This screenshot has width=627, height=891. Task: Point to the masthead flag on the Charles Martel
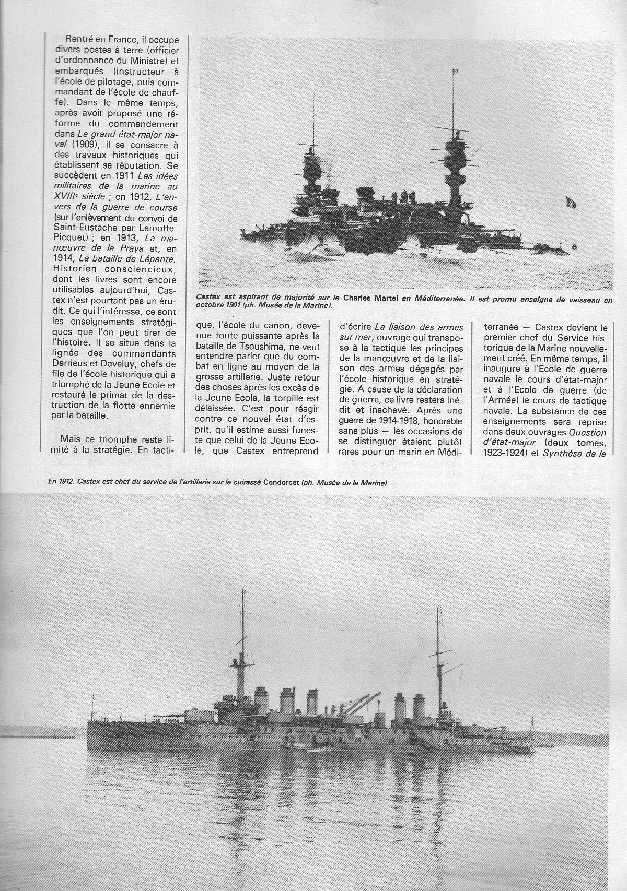pyautogui.click(x=455, y=69)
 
